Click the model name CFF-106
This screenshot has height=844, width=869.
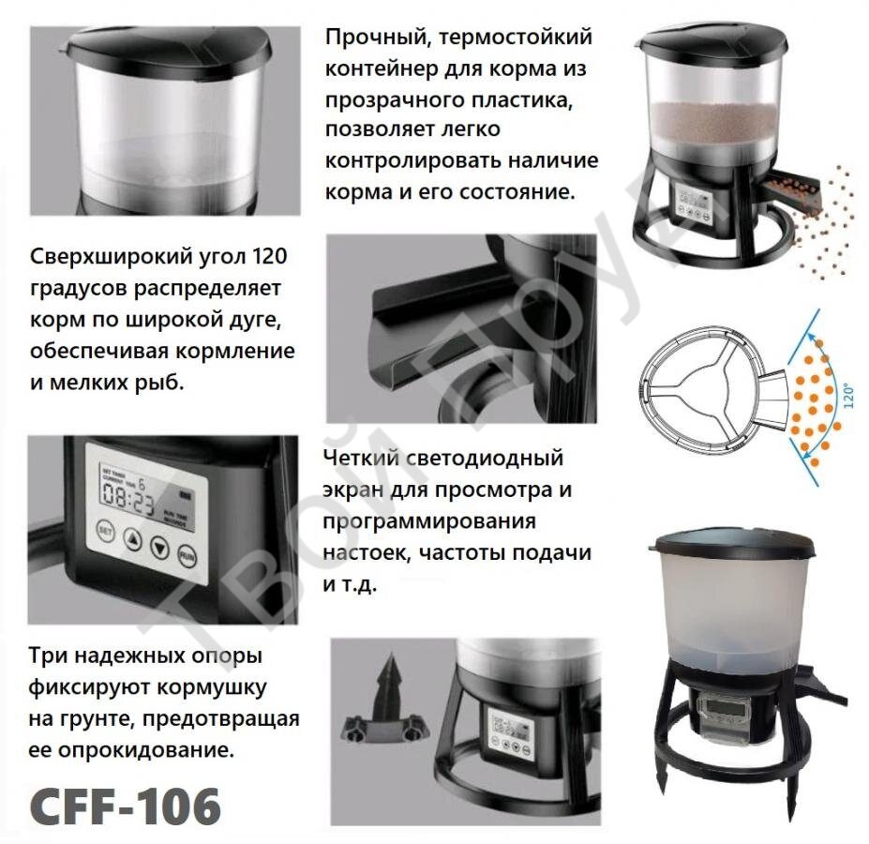point(126,806)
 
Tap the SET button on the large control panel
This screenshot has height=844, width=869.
point(105,531)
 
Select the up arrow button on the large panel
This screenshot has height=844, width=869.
point(132,538)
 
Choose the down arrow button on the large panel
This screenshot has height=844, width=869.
point(159,548)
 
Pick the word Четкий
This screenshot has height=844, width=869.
point(361,458)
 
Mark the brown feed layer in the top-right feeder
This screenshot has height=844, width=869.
point(715,123)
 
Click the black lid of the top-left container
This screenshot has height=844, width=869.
point(169,45)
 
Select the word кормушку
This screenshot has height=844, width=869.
point(212,687)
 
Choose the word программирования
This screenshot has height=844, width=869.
point(429,522)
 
